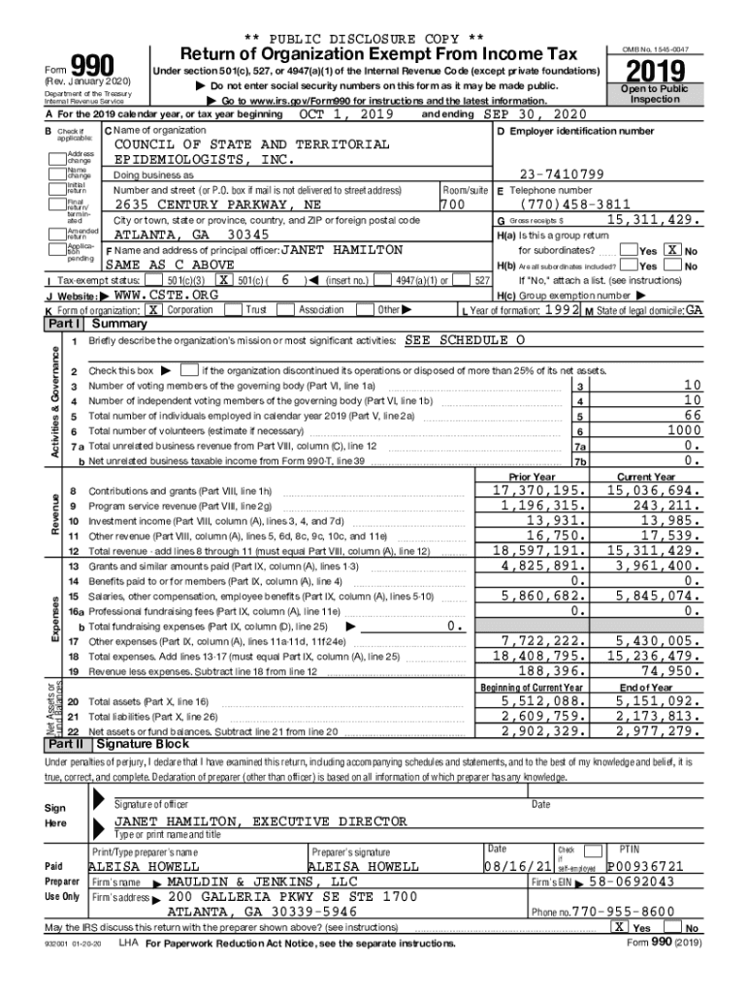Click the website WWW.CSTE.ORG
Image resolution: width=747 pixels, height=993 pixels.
[x=153, y=295]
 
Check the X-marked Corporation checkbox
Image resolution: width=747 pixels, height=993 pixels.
[x=152, y=309]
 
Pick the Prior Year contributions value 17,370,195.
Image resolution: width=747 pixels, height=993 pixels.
[x=535, y=492]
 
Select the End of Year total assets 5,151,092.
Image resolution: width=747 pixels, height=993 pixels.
[x=652, y=701]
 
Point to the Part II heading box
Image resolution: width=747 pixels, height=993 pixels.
[x=65, y=744]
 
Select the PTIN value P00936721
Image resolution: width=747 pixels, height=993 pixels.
[x=645, y=866]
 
